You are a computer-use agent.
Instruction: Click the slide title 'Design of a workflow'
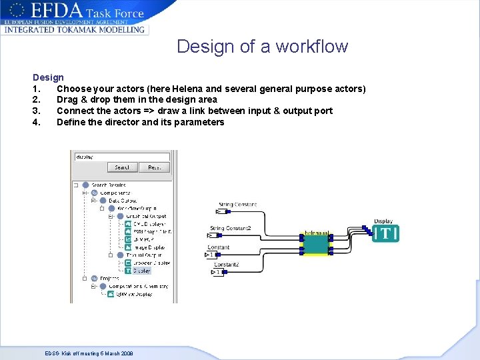(x=262, y=47)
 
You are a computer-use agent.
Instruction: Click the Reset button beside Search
(x=155, y=167)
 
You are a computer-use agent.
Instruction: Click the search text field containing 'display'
(x=121, y=157)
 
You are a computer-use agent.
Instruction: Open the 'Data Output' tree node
(x=123, y=200)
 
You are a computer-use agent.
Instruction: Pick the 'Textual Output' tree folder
(x=143, y=255)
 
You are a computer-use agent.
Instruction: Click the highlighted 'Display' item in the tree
(x=142, y=271)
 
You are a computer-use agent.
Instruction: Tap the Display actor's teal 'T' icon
(x=385, y=233)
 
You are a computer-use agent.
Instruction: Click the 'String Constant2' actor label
(x=231, y=229)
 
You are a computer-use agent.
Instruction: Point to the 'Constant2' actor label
(x=226, y=265)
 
